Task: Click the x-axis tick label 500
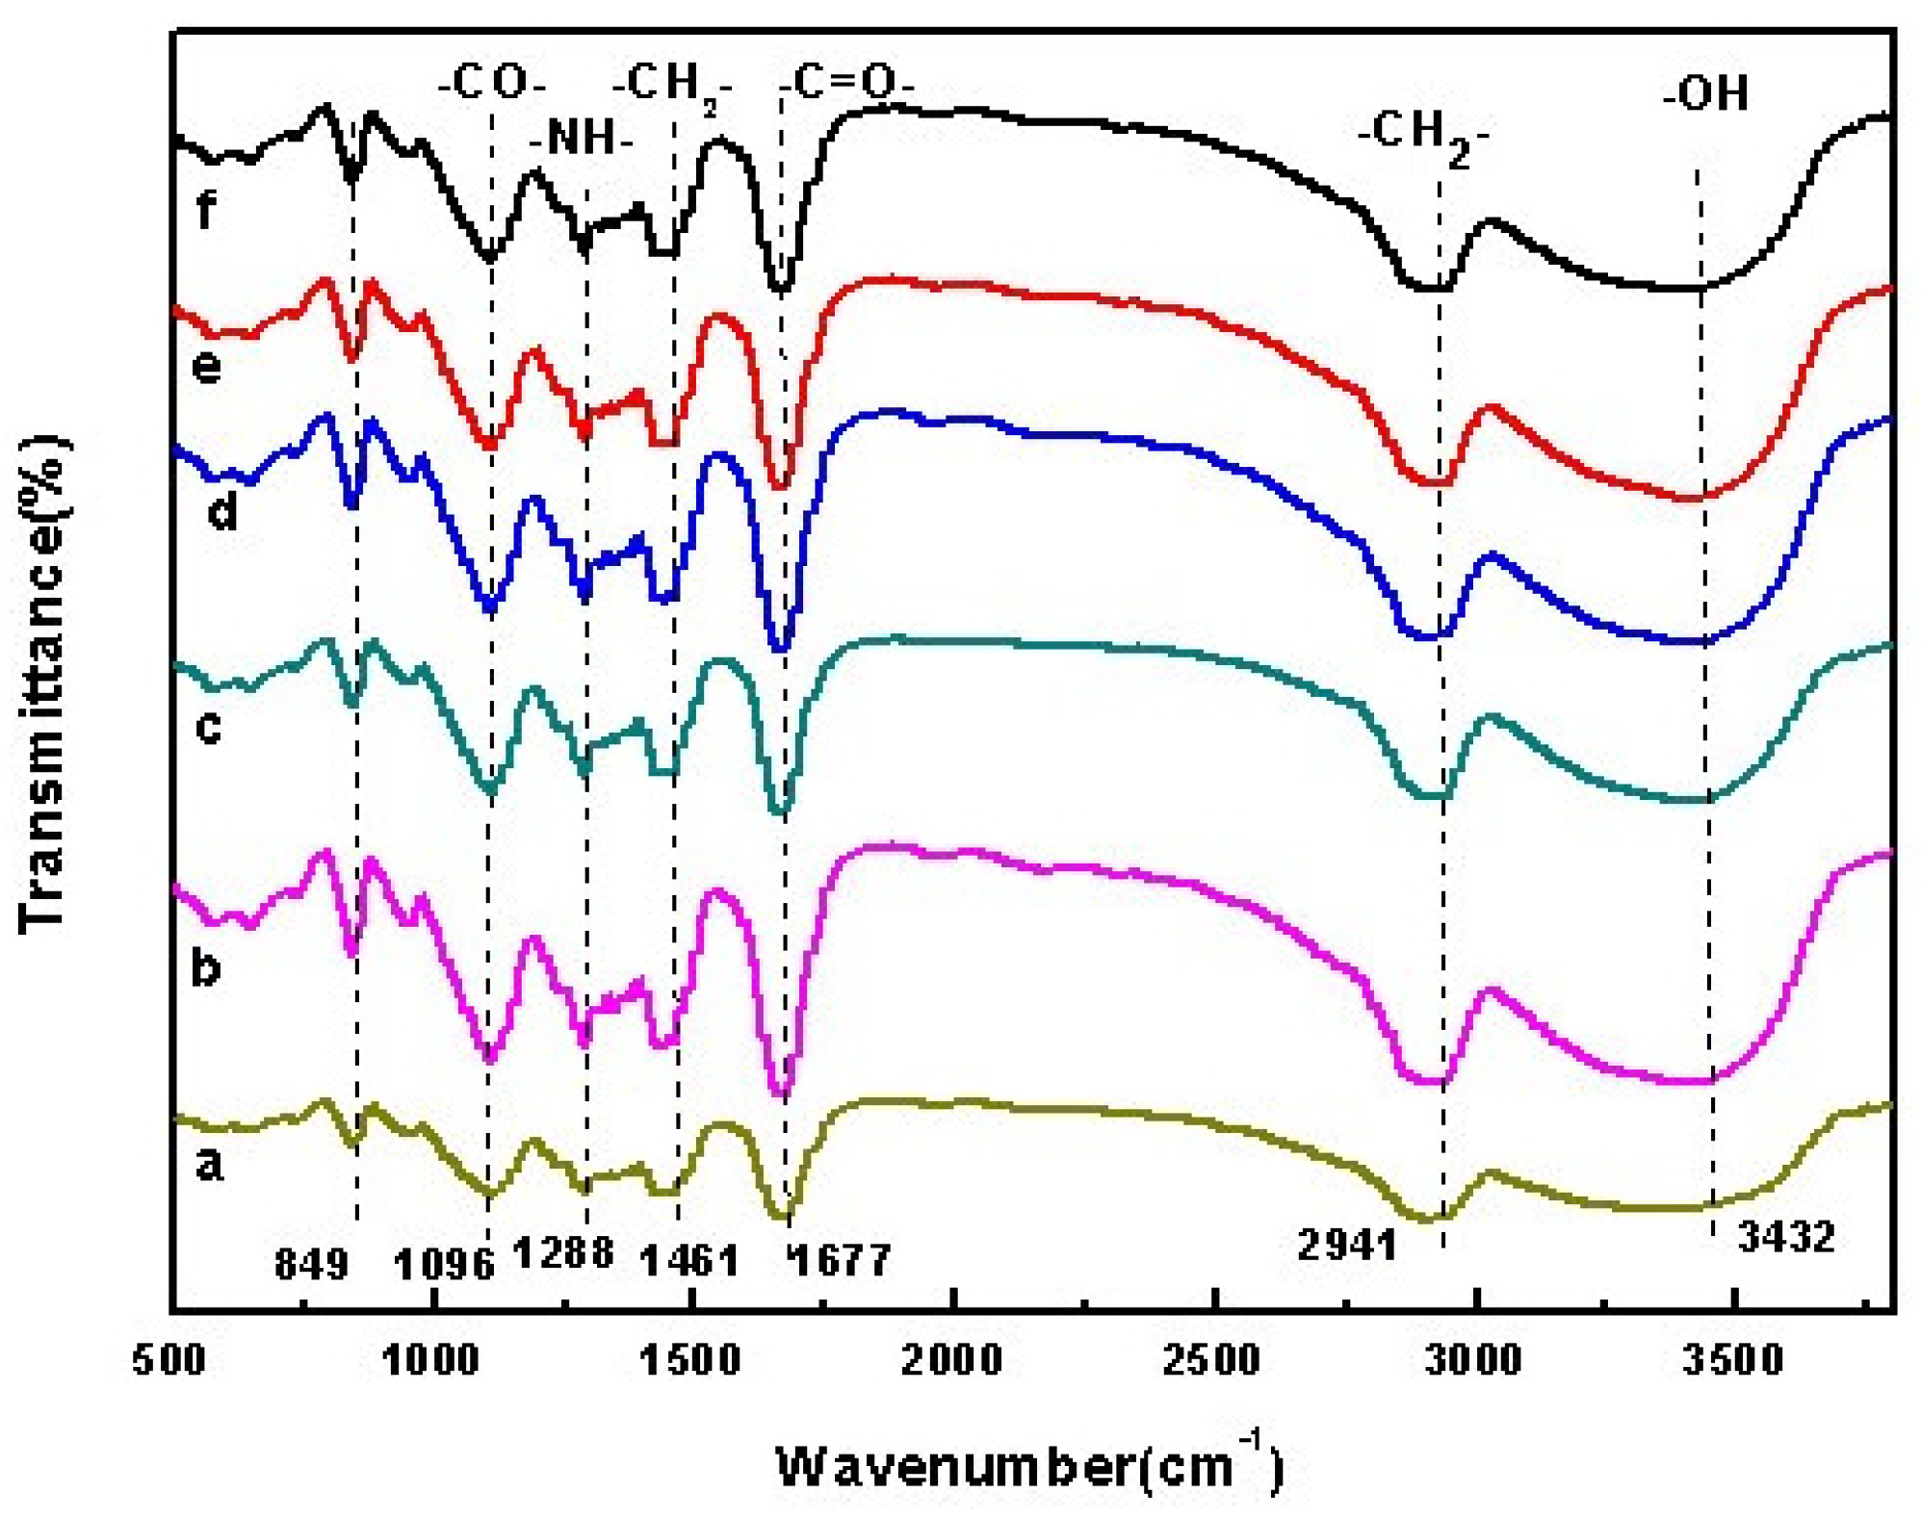click(170, 1360)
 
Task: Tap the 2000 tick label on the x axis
click(952, 1360)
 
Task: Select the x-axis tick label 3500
click(1732, 1360)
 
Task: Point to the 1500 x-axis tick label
click(690, 1360)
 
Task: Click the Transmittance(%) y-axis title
click(44, 682)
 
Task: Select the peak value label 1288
click(563, 1252)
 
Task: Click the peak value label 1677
click(840, 1259)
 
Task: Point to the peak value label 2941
click(1347, 1245)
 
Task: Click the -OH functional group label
click(1705, 94)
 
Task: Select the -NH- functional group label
click(581, 139)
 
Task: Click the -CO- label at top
click(492, 83)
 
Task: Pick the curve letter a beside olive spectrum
click(209, 1166)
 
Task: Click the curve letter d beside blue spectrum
click(223, 512)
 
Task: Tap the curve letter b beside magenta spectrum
click(206, 967)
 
